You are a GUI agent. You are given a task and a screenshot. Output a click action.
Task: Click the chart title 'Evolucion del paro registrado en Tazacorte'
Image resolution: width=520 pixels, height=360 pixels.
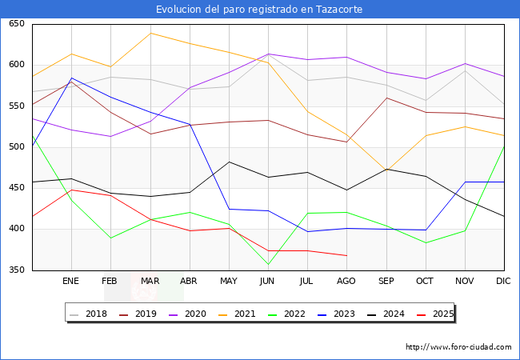click(x=259, y=10)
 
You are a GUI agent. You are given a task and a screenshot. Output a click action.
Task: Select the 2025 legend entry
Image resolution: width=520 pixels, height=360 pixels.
click(x=438, y=314)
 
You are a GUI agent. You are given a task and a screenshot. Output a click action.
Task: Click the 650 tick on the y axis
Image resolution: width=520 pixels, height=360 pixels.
click(x=16, y=24)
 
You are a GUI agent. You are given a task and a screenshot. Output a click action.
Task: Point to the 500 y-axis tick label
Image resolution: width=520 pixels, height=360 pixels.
click(x=16, y=147)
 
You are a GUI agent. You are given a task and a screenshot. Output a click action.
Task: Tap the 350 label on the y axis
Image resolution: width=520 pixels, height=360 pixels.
click(x=16, y=270)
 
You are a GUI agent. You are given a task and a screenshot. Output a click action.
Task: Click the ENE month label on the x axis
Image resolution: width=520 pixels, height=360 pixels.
click(x=71, y=282)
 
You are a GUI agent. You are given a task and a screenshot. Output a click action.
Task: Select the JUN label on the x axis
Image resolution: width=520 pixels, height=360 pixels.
click(x=267, y=282)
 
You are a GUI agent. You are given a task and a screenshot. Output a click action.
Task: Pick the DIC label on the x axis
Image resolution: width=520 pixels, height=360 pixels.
click(x=503, y=282)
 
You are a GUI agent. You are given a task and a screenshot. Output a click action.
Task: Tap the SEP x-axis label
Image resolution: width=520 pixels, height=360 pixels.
click(x=386, y=282)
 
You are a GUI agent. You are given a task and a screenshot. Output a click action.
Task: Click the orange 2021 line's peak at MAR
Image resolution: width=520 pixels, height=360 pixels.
click(x=150, y=33)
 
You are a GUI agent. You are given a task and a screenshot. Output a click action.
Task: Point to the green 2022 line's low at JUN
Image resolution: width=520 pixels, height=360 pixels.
click(x=268, y=264)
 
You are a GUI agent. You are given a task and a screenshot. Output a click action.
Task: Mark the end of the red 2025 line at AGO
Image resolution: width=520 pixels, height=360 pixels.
click(x=346, y=255)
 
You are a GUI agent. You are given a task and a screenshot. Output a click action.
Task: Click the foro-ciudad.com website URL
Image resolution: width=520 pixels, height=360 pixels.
click(x=458, y=347)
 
